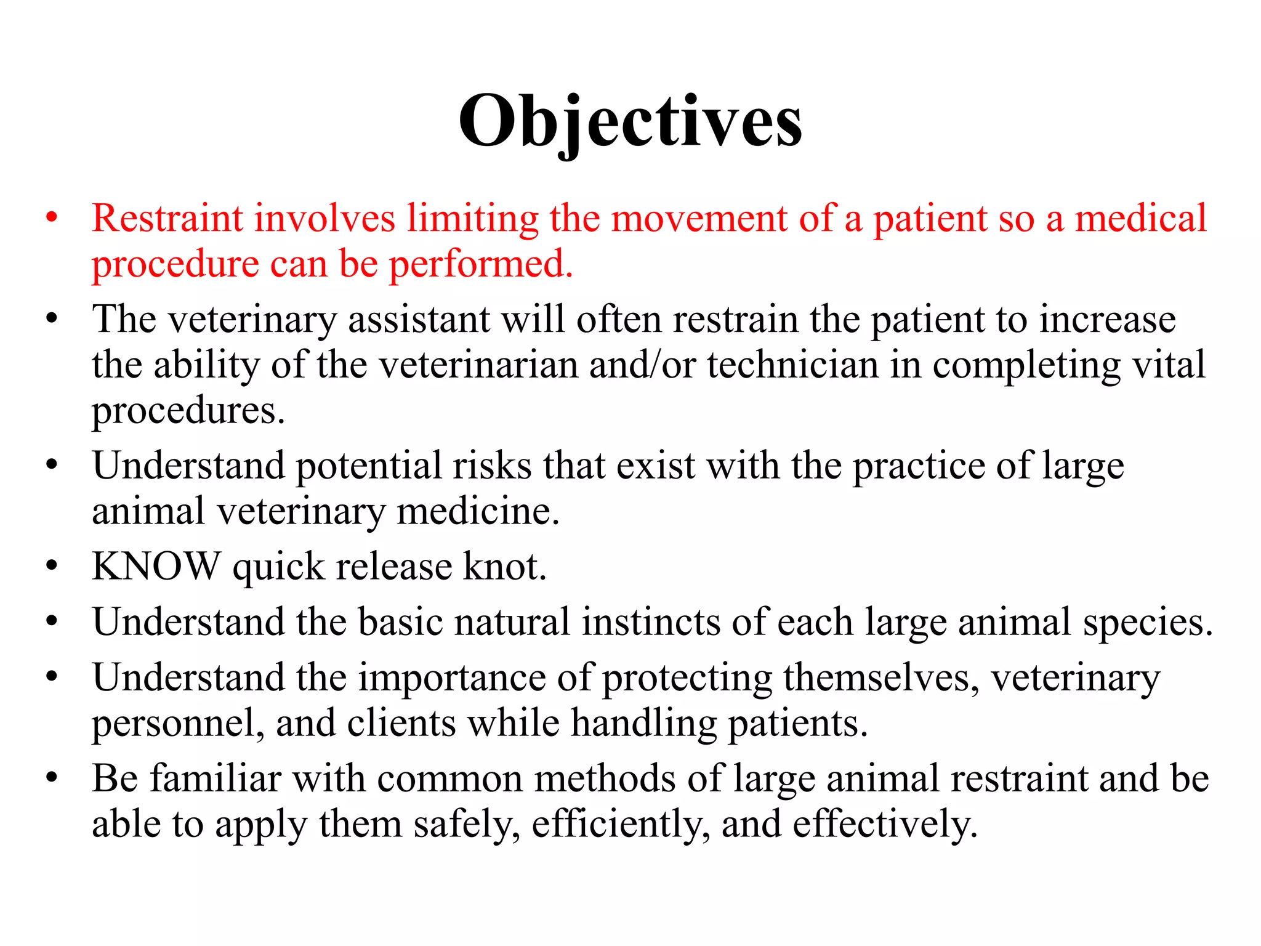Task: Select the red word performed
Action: (x=481, y=264)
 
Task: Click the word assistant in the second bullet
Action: (x=419, y=320)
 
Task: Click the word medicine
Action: (x=478, y=511)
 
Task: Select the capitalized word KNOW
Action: (x=156, y=566)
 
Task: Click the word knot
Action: (x=504, y=566)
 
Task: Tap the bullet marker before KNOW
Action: (x=52, y=566)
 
